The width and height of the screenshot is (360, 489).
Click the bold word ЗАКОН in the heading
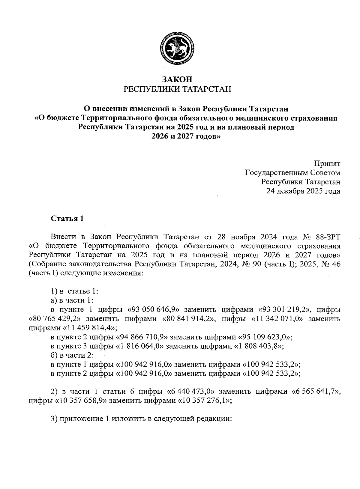click(x=177, y=79)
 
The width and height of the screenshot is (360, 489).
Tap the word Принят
click(x=327, y=164)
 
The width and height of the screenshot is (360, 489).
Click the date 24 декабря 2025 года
click(x=303, y=191)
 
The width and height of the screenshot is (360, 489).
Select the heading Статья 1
click(x=67, y=218)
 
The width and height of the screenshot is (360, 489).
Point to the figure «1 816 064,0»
click(x=140, y=346)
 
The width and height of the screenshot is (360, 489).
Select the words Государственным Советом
click(x=293, y=173)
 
